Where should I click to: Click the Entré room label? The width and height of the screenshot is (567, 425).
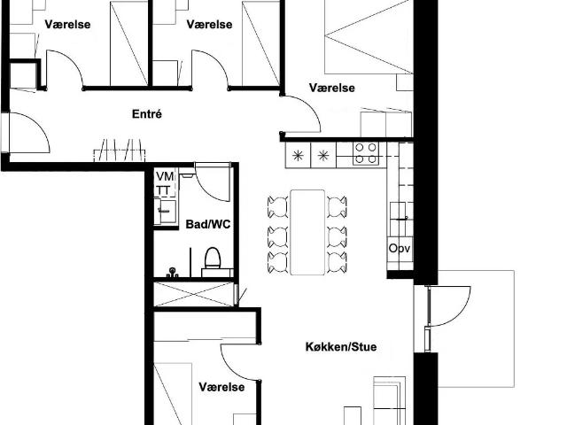tap(146, 114)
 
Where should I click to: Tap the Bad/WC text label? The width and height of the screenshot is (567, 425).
tap(208, 225)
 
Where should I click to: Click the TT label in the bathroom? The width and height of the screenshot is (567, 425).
tap(164, 190)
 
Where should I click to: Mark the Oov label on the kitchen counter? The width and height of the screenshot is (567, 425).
tap(400, 249)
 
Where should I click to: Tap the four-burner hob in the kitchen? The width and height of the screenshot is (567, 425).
tap(366, 154)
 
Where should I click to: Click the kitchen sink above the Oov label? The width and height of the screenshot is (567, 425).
tap(399, 212)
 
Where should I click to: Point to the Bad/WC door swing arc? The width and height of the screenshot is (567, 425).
tap(213, 182)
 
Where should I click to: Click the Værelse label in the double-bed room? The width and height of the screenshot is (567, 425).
tap(332, 88)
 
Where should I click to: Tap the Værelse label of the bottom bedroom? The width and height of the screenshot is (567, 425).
tap(221, 388)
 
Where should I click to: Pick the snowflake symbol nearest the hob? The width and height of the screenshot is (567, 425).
tap(324, 156)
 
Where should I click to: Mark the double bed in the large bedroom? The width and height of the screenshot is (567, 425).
tap(368, 40)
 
